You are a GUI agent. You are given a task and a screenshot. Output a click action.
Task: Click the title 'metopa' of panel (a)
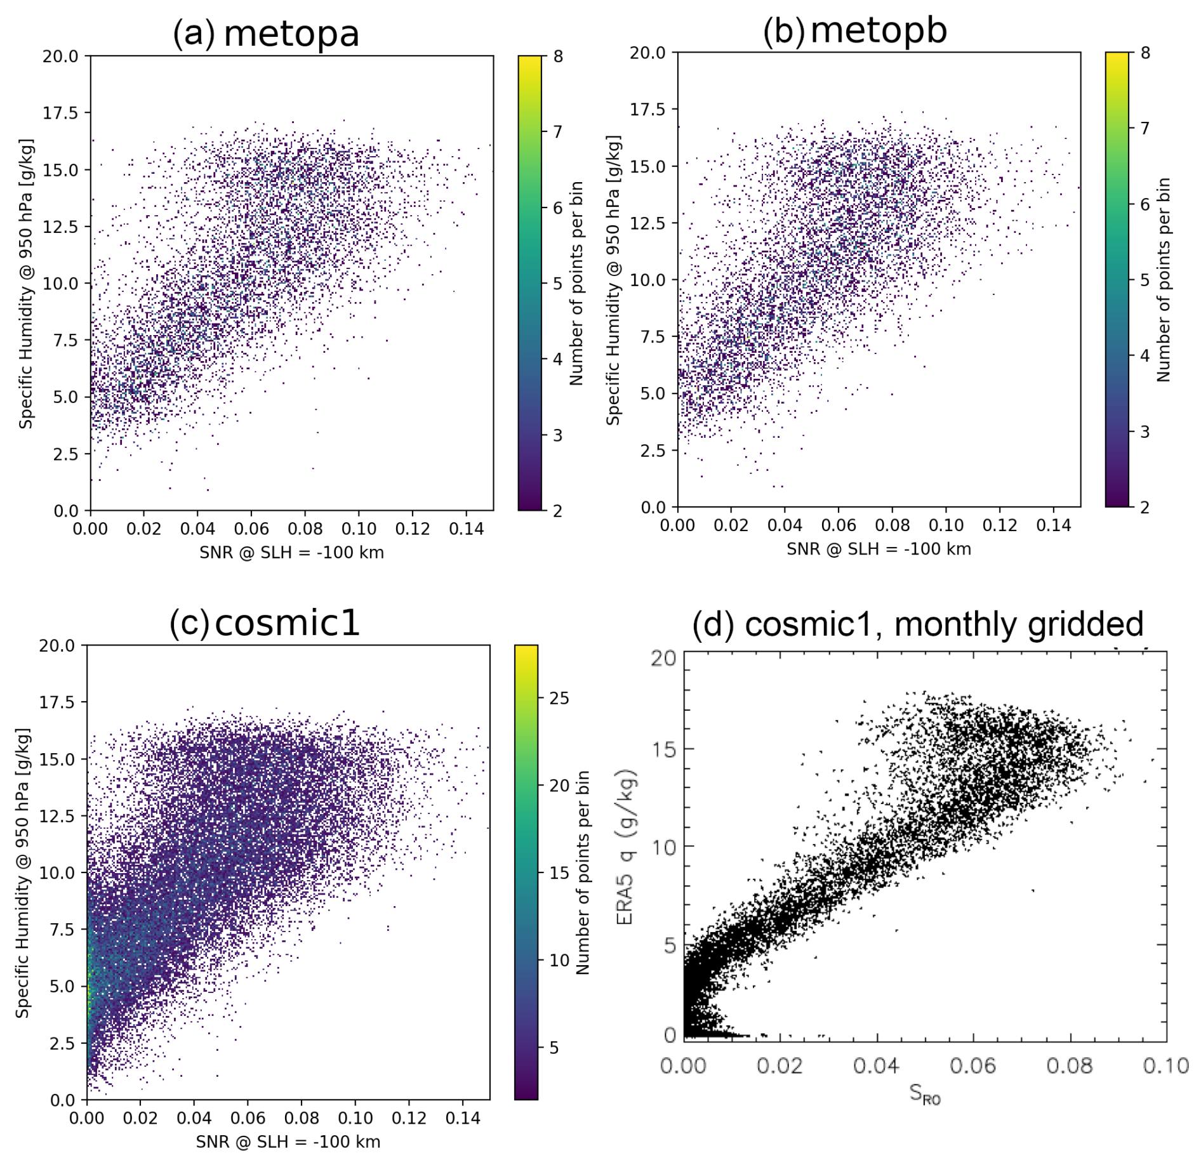click(291, 34)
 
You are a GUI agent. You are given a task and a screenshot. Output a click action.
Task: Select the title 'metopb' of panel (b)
click(879, 30)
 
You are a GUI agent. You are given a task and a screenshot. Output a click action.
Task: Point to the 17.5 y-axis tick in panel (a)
click(60, 113)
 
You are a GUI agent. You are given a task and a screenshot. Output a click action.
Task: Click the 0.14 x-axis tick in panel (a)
click(466, 529)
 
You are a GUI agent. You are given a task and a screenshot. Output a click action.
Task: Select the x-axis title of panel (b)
click(879, 549)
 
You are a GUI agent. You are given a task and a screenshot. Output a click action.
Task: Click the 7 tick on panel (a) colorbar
click(557, 132)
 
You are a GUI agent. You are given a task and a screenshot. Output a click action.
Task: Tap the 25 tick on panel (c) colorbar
click(559, 698)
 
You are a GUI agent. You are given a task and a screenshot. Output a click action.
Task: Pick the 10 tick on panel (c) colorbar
click(559, 960)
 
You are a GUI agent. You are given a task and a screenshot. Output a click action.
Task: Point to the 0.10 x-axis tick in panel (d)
click(1165, 1065)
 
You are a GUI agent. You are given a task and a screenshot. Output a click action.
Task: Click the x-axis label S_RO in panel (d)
click(924, 1093)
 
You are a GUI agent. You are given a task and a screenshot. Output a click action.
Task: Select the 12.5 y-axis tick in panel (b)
click(647, 223)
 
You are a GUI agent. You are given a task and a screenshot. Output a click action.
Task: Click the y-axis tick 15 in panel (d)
click(664, 749)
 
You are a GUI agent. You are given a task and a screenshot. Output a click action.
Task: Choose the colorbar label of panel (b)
click(1163, 279)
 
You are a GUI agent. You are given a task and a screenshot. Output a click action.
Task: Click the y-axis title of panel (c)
click(23, 872)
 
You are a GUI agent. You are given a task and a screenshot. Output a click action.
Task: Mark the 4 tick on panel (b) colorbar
click(1145, 356)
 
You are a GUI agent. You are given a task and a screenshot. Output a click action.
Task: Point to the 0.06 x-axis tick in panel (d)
click(972, 1065)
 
